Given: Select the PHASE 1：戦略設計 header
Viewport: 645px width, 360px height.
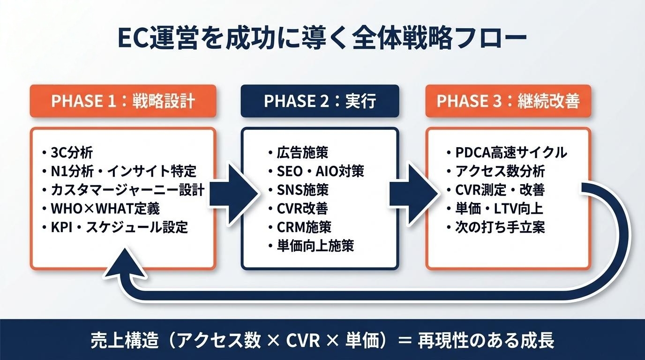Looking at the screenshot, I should tap(123, 101).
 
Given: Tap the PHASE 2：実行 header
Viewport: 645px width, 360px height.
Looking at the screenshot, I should tap(320, 101).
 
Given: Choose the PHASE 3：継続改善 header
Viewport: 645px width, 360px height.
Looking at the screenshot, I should tap(508, 101).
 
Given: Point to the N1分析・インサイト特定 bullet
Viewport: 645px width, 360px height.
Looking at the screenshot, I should tap(123, 171).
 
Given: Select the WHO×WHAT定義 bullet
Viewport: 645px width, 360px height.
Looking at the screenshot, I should tap(107, 209).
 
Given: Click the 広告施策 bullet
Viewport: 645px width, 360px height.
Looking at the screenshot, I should tap(302, 152).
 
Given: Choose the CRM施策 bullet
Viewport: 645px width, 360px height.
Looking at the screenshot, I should tap(304, 227).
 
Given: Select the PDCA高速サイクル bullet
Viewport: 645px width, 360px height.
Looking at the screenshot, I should tap(511, 152).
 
